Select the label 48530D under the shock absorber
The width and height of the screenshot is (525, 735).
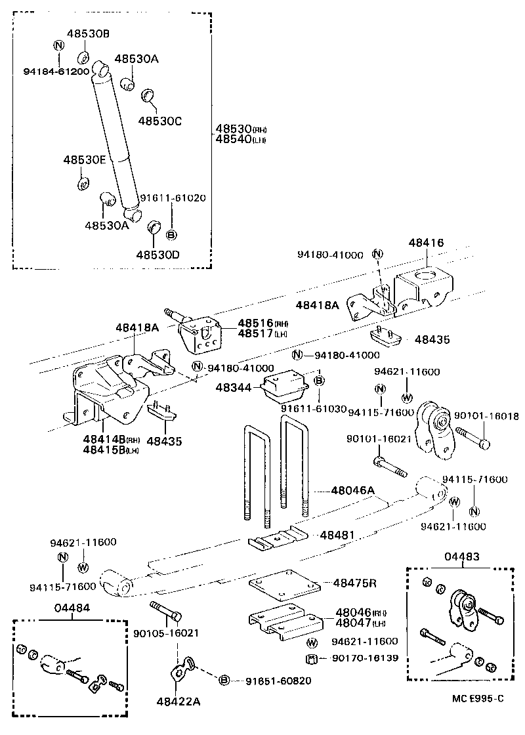point(157,254)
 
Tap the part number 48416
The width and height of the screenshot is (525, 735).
point(427,243)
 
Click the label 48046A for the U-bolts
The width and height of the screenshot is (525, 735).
point(352,490)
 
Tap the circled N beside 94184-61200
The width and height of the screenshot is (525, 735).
point(58,45)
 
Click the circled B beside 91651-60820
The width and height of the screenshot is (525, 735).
point(224,681)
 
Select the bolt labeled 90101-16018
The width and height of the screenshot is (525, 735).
point(470,438)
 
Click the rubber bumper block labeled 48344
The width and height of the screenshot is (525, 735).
point(285,389)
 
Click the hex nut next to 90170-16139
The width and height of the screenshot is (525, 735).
point(312,659)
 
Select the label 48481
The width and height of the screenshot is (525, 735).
point(337,535)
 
